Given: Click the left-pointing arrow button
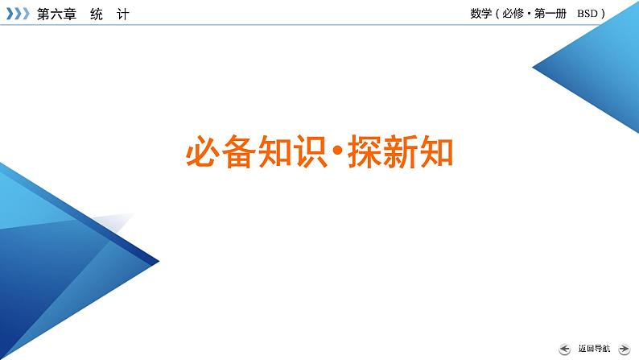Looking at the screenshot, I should pos(565,349).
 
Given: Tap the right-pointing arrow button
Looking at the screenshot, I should pos(624,349).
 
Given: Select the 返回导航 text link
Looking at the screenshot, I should pos(594,349).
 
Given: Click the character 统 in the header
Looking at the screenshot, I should pos(97,14).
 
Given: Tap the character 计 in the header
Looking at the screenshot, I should pos(122,14).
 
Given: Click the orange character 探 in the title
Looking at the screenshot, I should pos(365,151).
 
